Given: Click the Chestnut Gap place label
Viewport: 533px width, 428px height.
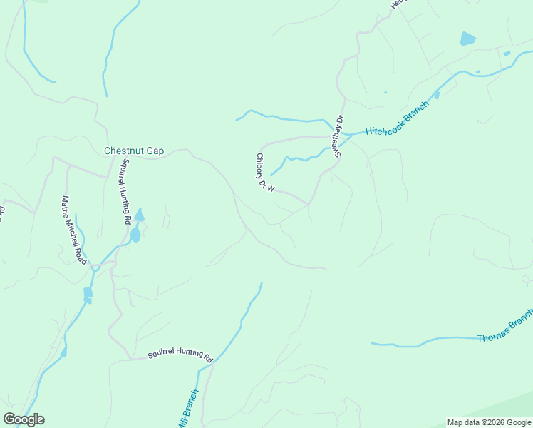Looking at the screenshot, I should (x=134, y=151).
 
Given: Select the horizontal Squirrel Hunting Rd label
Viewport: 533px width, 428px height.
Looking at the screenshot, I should (x=180, y=355).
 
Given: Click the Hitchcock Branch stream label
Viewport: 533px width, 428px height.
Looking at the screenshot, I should (x=397, y=119).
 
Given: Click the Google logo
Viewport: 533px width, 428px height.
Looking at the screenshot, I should (x=24, y=419).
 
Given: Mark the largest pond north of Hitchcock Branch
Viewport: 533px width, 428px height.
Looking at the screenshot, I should (x=467, y=39).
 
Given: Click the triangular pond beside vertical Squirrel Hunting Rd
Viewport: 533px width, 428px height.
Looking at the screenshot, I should (x=139, y=215).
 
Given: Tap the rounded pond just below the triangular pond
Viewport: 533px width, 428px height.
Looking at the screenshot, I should (x=135, y=235).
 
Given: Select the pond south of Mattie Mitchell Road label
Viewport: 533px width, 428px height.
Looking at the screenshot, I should (x=88, y=292).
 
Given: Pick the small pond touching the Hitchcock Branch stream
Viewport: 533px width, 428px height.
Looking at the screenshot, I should (x=436, y=94).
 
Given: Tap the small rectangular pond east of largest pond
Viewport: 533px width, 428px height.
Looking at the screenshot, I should (x=507, y=53).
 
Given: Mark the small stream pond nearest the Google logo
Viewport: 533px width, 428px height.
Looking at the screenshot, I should (x=63, y=352).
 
